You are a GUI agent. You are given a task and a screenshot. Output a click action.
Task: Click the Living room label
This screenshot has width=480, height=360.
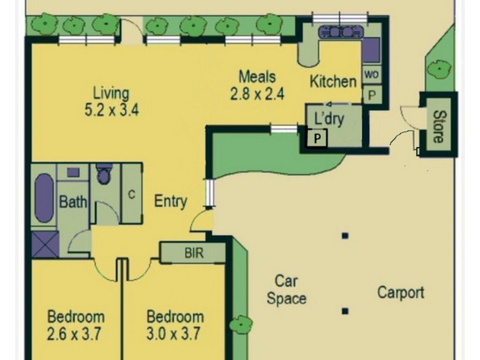110,94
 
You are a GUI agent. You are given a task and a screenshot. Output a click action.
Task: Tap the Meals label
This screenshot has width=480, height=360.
257,77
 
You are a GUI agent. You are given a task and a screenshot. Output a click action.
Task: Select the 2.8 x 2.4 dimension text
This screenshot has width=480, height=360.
257,94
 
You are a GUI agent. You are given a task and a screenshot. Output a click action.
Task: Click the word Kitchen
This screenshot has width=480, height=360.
332,82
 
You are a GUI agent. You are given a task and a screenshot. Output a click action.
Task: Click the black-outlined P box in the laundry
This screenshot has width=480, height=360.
317,139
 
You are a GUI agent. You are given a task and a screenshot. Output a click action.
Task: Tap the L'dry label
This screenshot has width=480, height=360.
329,119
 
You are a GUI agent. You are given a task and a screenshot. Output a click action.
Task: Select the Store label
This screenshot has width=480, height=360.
439,126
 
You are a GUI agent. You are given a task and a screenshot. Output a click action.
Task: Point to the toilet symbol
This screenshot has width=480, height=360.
104,175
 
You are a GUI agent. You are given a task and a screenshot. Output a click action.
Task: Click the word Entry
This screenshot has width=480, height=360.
170,202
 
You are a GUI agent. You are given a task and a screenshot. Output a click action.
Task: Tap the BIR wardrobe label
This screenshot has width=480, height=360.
193,253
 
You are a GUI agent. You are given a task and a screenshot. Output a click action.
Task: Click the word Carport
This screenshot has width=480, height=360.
401,293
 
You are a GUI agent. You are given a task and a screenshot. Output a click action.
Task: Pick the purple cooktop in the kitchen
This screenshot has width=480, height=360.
371,50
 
